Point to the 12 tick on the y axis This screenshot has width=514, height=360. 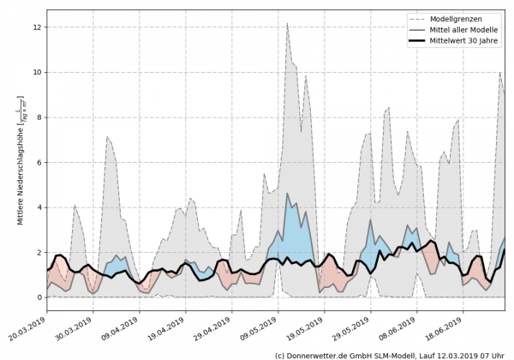[x=36, y=27]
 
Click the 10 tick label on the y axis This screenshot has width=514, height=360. [x=36, y=73]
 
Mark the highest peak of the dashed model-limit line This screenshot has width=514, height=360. [x=287, y=23]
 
